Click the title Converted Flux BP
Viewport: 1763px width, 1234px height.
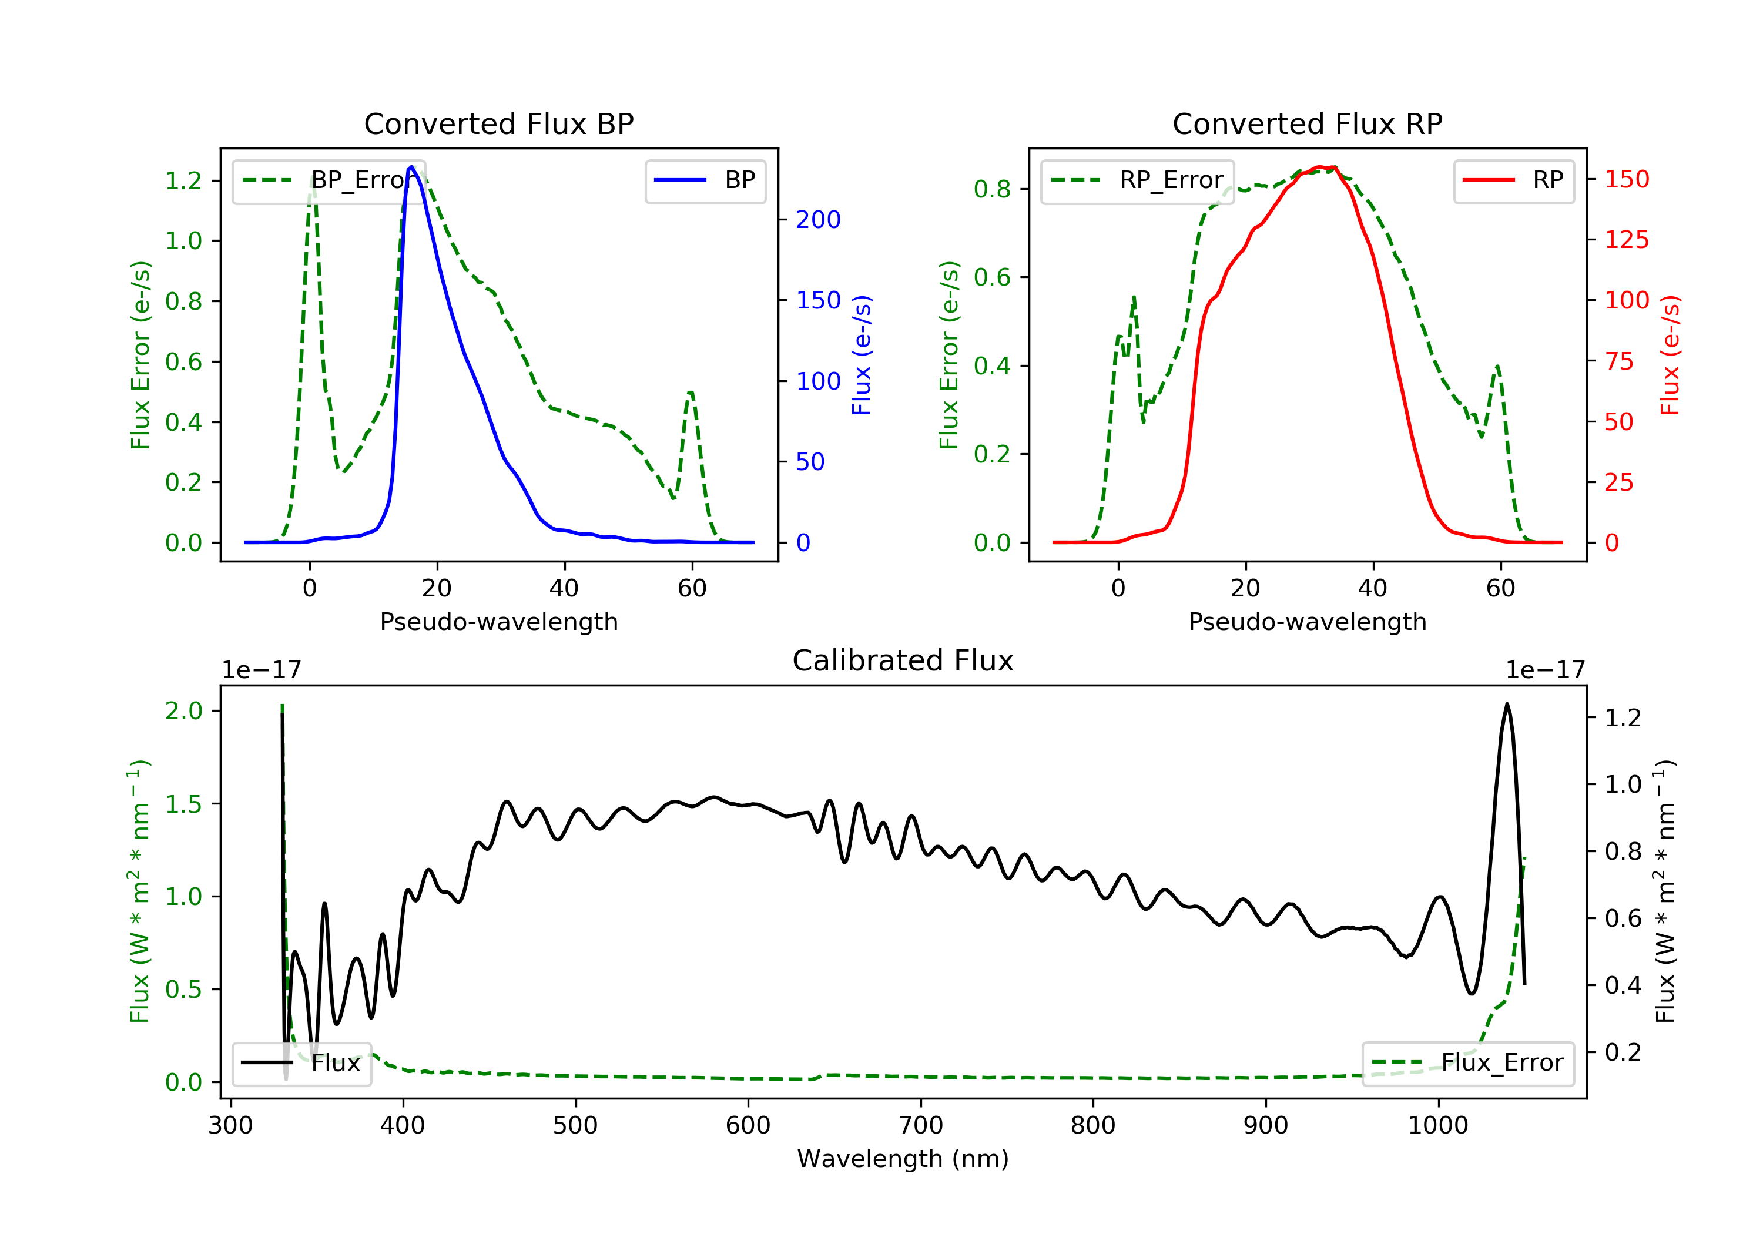pyautogui.click(x=498, y=123)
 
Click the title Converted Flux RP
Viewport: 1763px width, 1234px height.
pyautogui.click(x=1307, y=123)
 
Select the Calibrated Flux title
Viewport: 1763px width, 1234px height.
pyautogui.click(x=903, y=660)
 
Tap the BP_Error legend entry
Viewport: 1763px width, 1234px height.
pyautogui.click(x=329, y=180)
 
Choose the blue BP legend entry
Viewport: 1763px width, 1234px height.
pyautogui.click(x=705, y=180)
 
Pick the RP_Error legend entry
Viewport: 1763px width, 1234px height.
pyautogui.click(x=1137, y=180)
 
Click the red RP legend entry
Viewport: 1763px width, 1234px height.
pyautogui.click(x=1513, y=180)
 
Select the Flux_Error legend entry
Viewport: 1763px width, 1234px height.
pyautogui.click(x=1467, y=1063)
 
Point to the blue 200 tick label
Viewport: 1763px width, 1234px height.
pyautogui.click(x=818, y=220)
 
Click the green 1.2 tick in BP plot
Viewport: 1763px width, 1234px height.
pyautogui.click(x=183, y=180)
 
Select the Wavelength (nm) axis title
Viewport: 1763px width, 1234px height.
pyautogui.click(x=903, y=1159)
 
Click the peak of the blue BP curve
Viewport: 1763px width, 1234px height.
pyautogui.click(x=411, y=167)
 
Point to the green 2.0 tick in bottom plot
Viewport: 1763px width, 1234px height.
pyautogui.click(x=183, y=711)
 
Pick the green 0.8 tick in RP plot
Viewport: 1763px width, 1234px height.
pyautogui.click(x=992, y=189)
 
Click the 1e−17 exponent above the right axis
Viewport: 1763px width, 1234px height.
pyautogui.click(x=1545, y=670)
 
